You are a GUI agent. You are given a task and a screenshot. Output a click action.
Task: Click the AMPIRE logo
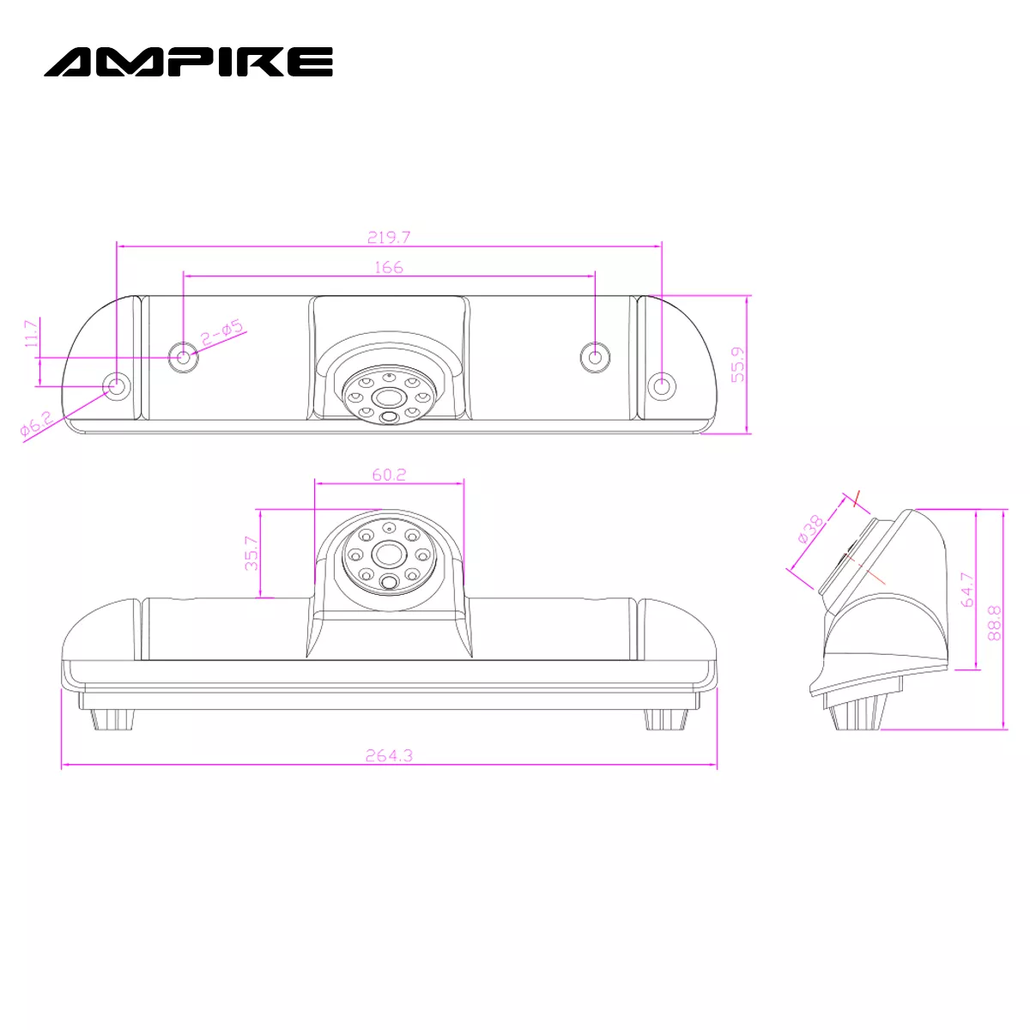pyautogui.click(x=188, y=62)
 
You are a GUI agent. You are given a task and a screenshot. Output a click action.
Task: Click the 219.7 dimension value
pyautogui.click(x=389, y=237)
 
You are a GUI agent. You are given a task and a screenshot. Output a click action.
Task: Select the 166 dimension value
pyautogui.click(x=389, y=267)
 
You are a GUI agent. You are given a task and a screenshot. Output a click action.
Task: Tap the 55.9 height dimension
pyautogui.click(x=737, y=364)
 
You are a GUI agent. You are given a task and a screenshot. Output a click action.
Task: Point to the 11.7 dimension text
pyautogui.click(x=32, y=333)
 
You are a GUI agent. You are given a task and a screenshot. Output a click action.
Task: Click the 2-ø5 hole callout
pyautogui.click(x=222, y=333)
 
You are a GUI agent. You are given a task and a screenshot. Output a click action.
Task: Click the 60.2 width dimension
pyautogui.click(x=389, y=474)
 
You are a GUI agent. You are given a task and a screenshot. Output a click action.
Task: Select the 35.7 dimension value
pyautogui.click(x=251, y=554)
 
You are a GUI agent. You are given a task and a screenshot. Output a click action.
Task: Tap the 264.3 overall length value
pyautogui.click(x=389, y=755)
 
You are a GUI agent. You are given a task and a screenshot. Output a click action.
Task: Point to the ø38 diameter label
pyautogui.click(x=810, y=529)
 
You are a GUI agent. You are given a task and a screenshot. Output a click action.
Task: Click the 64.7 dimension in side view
pyautogui.click(x=967, y=591)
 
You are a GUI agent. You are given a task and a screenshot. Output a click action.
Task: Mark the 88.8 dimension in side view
pyautogui.click(x=994, y=621)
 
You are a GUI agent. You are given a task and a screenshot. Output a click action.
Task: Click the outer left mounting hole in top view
pyautogui.click(x=117, y=385)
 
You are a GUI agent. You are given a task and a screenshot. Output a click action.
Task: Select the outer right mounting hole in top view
pyautogui.click(x=661, y=386)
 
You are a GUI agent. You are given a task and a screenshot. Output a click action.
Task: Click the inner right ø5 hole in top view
pyautogui.click(x=594, y=356)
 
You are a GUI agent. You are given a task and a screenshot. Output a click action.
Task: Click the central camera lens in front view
pyautogui.click(x=388, y=553)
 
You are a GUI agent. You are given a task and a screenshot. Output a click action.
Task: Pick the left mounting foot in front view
pyautogui.click(x=113, y=718)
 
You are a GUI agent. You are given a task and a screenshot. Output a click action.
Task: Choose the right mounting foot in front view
pyautogui.click(x=665, y=718)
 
